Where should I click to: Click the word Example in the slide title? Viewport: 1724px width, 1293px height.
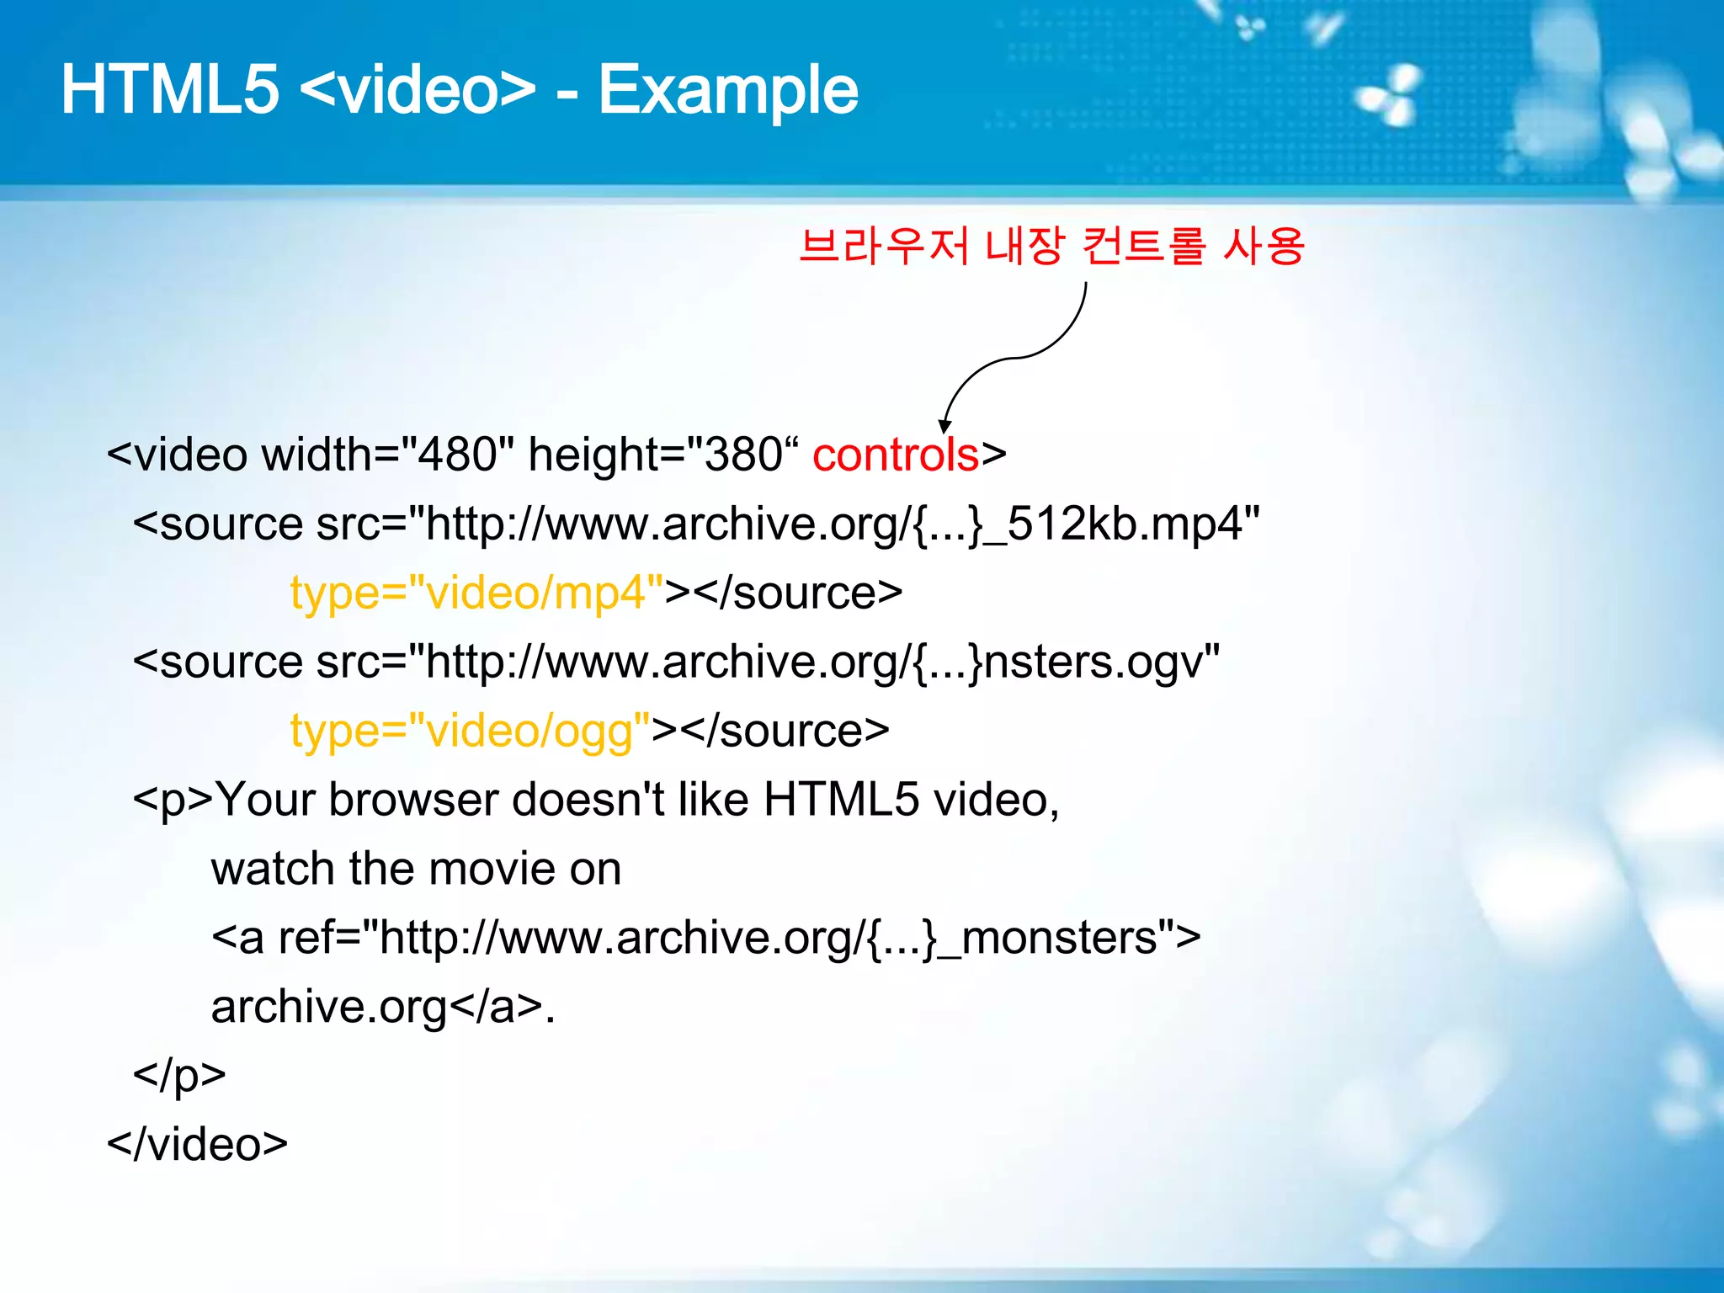(728, 91)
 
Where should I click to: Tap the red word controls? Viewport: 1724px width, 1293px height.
(895, 455)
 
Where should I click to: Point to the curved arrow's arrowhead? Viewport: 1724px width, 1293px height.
(945, 427)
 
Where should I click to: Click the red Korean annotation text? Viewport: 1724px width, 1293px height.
(1051, 247)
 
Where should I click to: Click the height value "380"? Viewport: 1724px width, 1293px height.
(742, 455)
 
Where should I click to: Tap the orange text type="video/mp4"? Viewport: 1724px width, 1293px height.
(476, 593)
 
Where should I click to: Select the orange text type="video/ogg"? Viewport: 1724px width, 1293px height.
(470, 731)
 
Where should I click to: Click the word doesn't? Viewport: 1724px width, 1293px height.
(588, 800)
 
